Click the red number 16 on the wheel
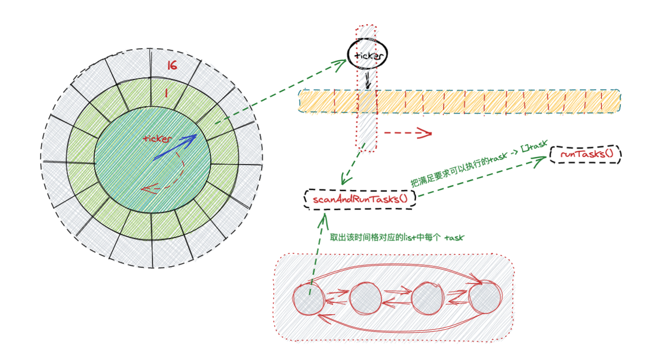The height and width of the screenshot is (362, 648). [172, 66]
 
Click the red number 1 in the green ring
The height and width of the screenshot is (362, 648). [166, 93]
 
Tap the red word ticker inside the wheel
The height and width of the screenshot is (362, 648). [158, 138]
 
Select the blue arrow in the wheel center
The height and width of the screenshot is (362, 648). [175, 147]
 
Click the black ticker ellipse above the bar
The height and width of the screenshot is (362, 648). [368, 54]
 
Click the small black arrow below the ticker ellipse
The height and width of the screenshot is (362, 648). [368, 81]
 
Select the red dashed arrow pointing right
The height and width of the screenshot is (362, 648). [408, 133]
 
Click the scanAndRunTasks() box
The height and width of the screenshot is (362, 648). [360, 199]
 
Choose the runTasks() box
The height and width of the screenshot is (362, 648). [586, 154]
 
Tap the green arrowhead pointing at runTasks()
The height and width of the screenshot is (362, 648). [540, 160]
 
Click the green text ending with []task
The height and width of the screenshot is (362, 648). [479, 163]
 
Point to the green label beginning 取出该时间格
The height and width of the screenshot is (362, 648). [397, 238]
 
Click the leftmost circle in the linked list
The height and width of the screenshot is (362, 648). [308, 299]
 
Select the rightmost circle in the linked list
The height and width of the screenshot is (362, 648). [485, 296]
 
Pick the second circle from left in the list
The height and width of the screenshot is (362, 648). [365, 298]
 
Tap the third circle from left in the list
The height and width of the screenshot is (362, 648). [427, 298]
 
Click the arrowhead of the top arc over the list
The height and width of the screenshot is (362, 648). [477, 279]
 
